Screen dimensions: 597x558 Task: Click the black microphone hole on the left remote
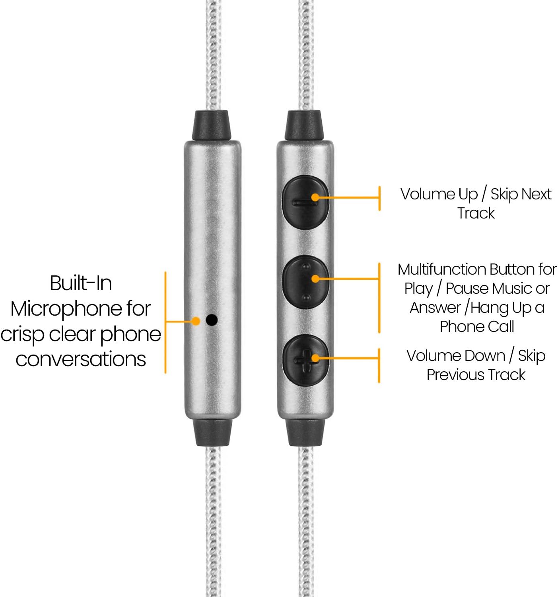click(212, 320)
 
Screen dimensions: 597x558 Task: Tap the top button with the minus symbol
click(305, 202)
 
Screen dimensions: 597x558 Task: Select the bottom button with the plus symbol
click(305, 360)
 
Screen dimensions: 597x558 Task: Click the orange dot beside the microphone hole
click(196, 321)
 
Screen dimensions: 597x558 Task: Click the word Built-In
click(81, 283)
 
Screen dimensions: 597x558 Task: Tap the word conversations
click(81, 359)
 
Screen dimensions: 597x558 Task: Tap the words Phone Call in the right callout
click(476, 327)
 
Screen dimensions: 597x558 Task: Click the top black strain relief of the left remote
click(212, 125)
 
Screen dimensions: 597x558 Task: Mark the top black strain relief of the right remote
click(305, 125)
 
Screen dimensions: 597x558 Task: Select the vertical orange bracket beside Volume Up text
click(379, 198)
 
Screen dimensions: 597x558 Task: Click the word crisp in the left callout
click(22, 334)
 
